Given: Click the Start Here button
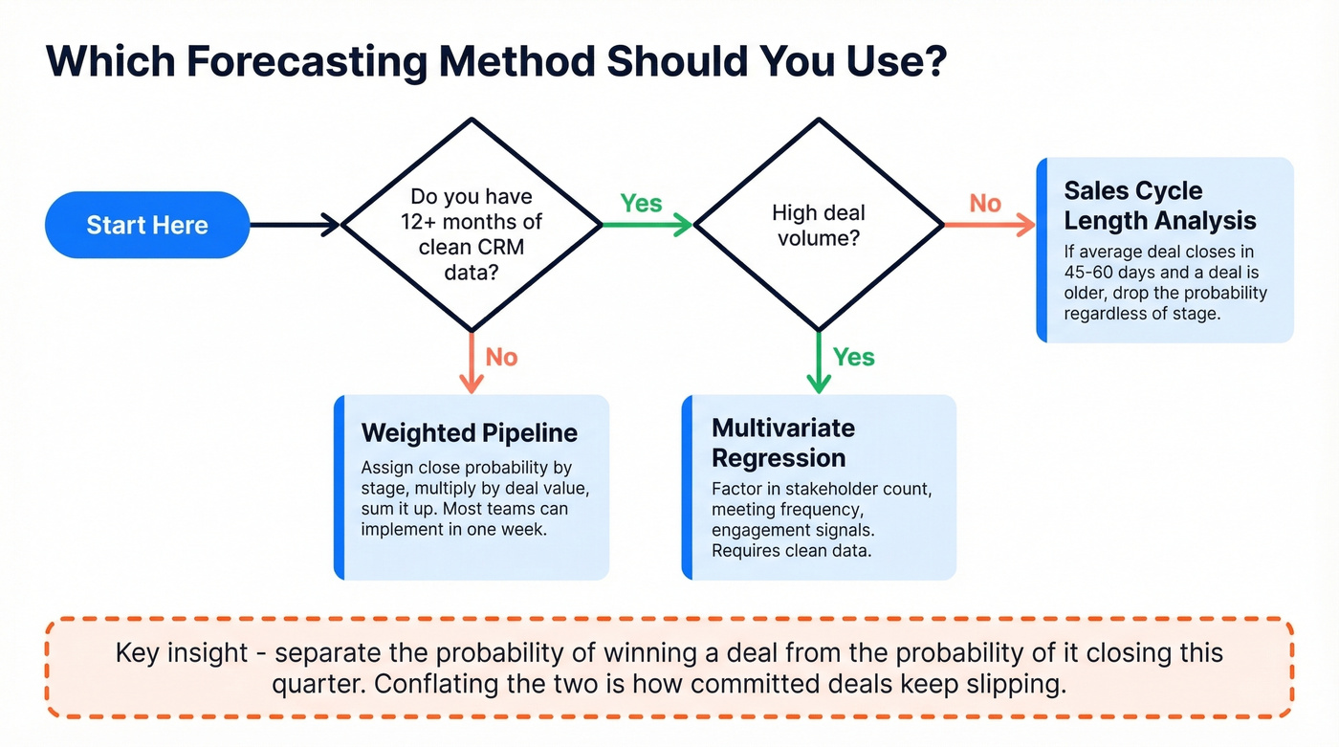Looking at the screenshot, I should (x=147, y=225).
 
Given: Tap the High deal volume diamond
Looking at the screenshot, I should (x=818, y=225).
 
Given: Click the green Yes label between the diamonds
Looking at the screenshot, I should (x=641, y=203).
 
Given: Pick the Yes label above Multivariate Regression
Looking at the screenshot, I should (x=853, y=357).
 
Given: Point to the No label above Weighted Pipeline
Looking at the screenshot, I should (x=501, y=357).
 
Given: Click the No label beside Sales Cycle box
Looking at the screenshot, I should (x=985, y=203).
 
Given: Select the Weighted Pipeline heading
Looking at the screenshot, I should (x=469, y=432).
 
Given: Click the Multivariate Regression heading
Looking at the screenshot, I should (x=783, y=442).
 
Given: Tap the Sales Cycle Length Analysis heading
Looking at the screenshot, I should (x=1159, y=206).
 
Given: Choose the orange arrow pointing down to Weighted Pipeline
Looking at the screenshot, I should (x=471, y=363).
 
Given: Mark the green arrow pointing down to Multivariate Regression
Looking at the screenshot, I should (x=818, y=363).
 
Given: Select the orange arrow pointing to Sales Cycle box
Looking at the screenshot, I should (x=990, y=226).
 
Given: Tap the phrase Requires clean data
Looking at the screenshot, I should (x=792, y=551).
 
